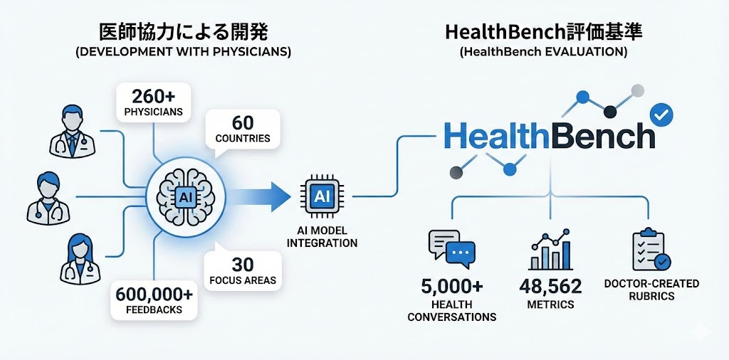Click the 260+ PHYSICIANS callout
point(154,101)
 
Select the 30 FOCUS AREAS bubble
point(242,270)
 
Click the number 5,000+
point(451,286)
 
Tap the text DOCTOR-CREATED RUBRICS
point(651,290)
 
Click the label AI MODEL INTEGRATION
point(322,237)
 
